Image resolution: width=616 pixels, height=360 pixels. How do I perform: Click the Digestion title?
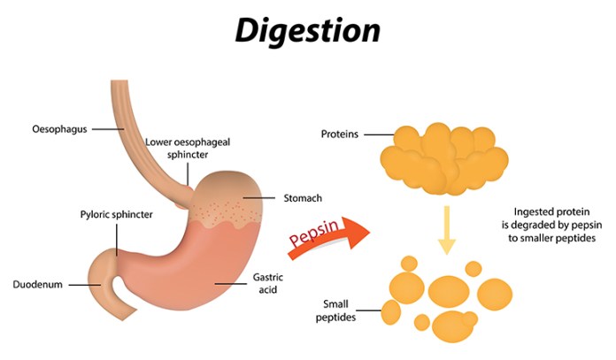tap(307, 31)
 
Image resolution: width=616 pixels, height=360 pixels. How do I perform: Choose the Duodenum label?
tap(38, 285)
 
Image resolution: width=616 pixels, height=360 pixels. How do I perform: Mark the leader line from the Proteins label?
tap(377, 135)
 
